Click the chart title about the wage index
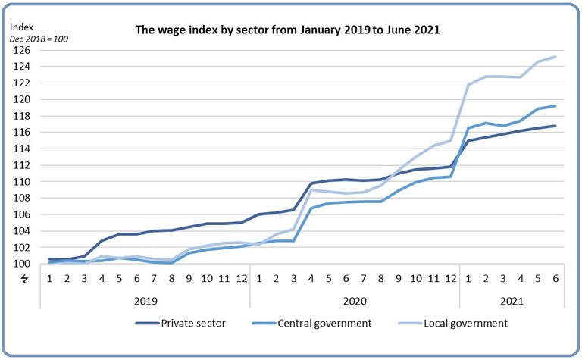coord(287,30)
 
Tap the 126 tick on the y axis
coord(20,50)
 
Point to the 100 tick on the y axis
coord(20,264)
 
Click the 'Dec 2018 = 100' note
coord(39,39)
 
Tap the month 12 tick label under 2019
coord(242,279)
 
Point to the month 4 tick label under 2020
coord(311,279)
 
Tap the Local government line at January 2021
coord(468,84)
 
